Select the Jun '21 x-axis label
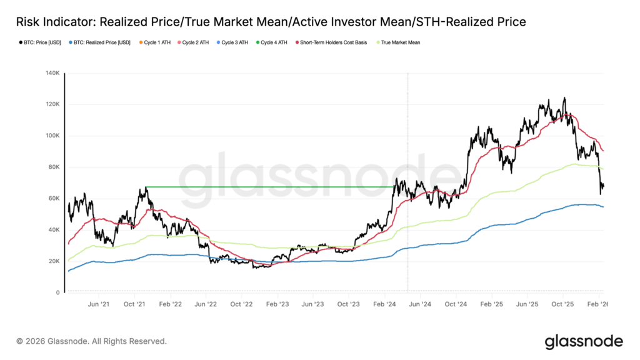[99, 304]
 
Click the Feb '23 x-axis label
[277, 304]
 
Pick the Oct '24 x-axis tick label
[456, 304]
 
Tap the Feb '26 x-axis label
[599, 304]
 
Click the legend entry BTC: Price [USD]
[39, 43]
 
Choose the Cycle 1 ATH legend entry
[156, 43]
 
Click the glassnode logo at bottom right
[584, 341]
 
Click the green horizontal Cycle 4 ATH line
[269, 186]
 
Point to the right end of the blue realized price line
[603, 207]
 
